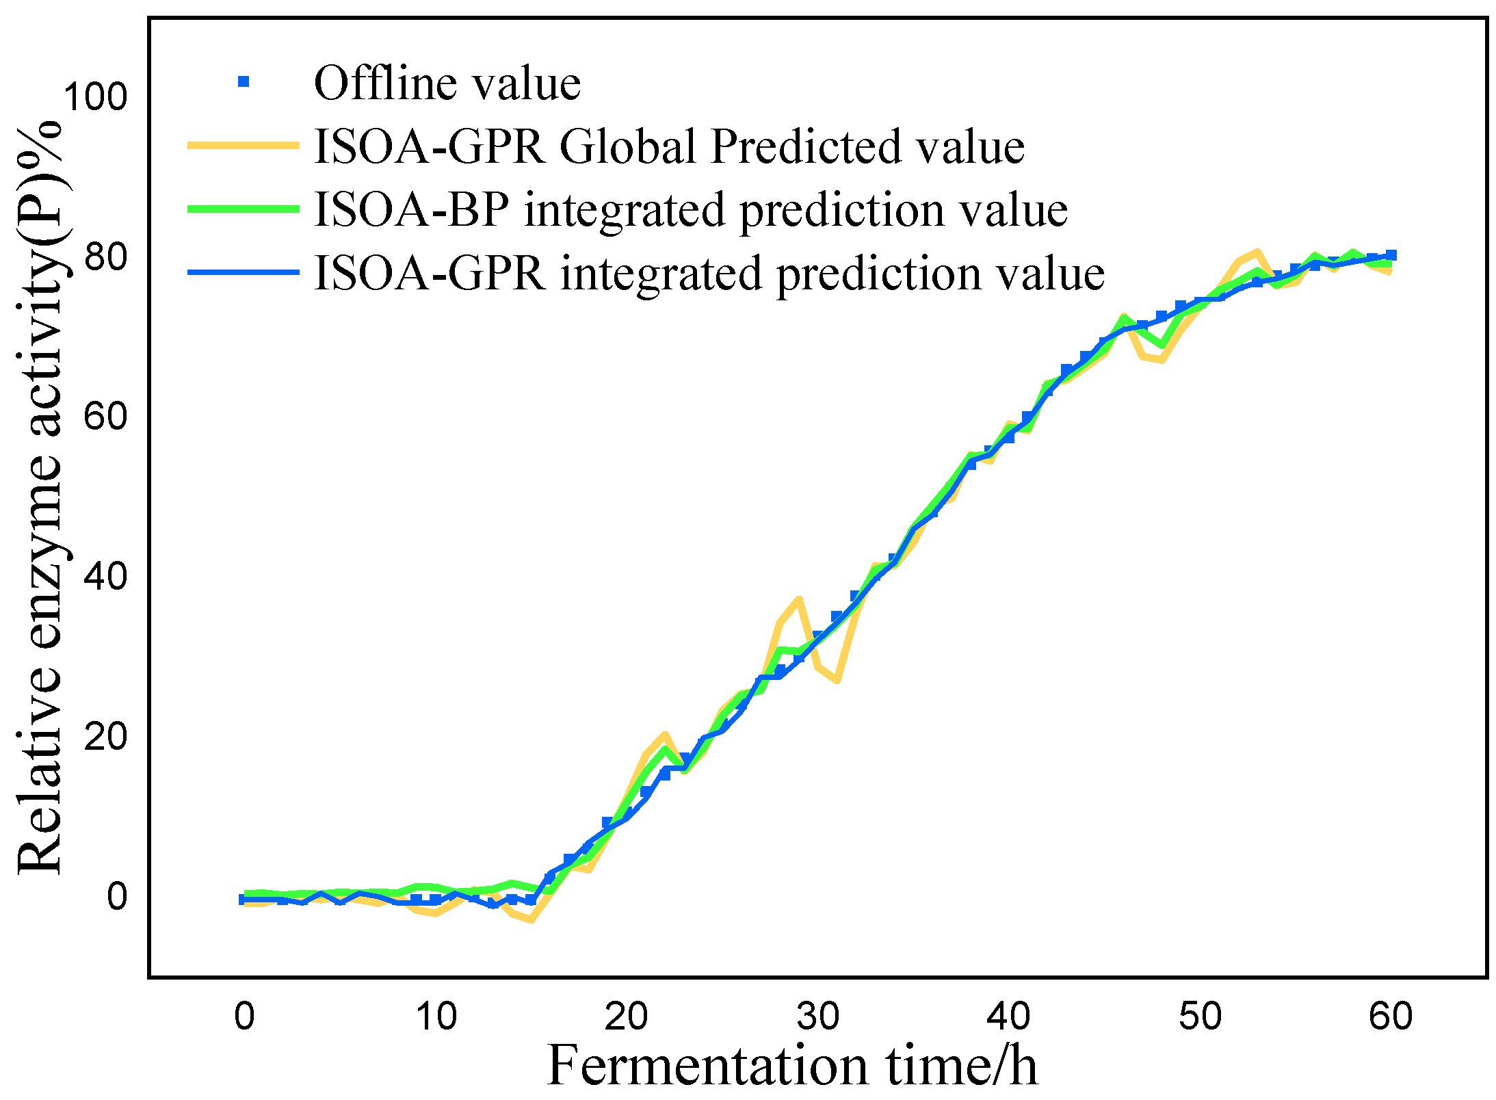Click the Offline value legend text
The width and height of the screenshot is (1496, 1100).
click(x=447, y=83)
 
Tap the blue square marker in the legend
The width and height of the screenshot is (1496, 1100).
click(x=243, y=82)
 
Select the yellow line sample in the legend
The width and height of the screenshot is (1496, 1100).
click(x=244, y=145)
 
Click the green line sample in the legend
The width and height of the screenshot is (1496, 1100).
click(x=244, y=209)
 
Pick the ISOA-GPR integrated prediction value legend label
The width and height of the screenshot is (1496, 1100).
click(x=709, y=273)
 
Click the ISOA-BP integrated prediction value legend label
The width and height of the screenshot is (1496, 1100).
click(x=691, y=209)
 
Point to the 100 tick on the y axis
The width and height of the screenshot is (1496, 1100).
click(x=95, y=97)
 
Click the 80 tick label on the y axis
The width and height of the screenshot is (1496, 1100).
click(x=105, y=257)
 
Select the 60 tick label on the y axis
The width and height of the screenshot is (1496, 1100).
click(x=105, y=417)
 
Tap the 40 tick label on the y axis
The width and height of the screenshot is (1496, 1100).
click(x=105, y=577)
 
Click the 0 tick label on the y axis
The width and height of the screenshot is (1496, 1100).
click(x=116, y=896)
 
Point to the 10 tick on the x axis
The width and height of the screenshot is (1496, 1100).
click(x=436, y=1017)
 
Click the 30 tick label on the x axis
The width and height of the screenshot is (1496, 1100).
click(x=817, y=1017)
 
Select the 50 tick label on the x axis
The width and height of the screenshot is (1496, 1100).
click(x=1200, y=1017)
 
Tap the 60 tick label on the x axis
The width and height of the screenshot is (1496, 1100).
click(x=1391, y=1017)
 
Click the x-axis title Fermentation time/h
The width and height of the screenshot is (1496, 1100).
click(x=792, y=1066)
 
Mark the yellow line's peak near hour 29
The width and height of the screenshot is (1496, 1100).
click(x=798, y=600)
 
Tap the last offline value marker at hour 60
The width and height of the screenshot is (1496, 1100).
click(x=1391, y=255)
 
